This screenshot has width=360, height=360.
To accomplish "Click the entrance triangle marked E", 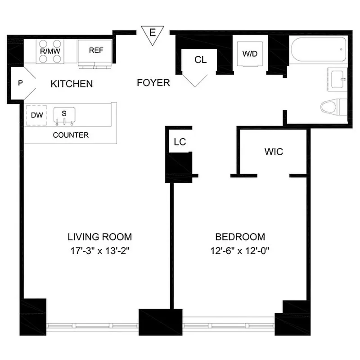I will point(153,34).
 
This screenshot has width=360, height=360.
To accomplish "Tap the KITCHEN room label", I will point(72,84).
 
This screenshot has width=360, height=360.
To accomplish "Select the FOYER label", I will point(153,83).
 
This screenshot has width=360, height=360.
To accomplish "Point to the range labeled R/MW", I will point(50,51).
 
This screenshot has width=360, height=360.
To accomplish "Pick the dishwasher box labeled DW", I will point(37,115).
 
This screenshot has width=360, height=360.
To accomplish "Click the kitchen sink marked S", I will point(64,114).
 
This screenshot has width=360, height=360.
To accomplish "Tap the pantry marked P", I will point(20,83).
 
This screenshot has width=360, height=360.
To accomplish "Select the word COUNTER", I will point(71,135).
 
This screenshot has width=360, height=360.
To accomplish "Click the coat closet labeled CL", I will point(201,60).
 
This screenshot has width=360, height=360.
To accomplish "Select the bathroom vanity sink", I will point(336,80).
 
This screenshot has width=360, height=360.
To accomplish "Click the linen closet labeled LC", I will point(180,142).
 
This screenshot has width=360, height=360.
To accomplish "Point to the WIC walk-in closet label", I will point(274,152).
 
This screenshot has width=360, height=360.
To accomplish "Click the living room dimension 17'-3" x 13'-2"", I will point(99,250).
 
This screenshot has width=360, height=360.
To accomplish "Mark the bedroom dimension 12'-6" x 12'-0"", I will point(240,250).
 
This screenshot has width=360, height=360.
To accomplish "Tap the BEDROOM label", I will point(240,237).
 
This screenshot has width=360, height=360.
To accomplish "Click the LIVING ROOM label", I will point(99,237).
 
